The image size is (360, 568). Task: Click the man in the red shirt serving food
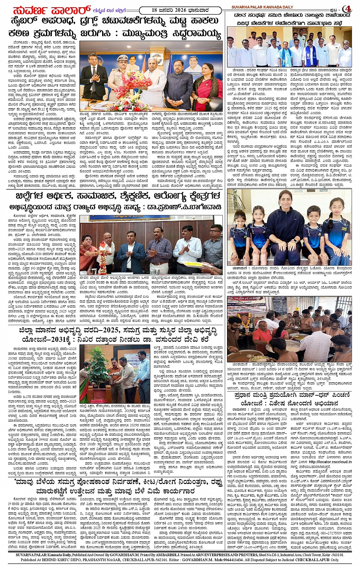[x=263, y=335]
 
